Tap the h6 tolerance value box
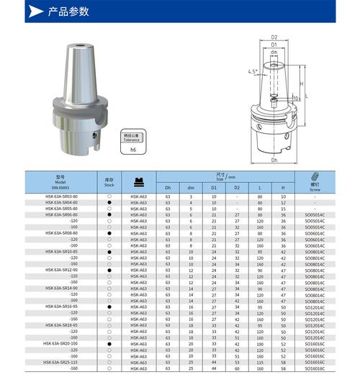click(132, 150)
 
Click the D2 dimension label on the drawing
click(274, 36)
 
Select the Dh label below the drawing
click(274, 160)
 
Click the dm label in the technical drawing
click(274, 52)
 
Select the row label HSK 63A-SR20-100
click(60, 345)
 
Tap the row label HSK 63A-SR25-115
click(60, 362)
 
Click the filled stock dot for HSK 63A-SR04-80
click(109, 203)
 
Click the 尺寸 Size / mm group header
click(225, 176)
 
